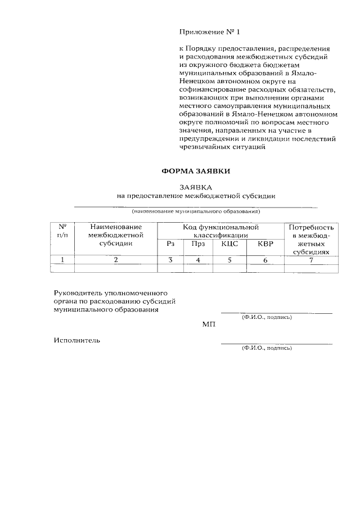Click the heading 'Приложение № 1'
tap(205, 32)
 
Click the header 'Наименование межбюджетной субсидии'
tap(116, 235)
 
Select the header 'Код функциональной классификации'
tap(220, 231)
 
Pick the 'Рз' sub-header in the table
tap(171, 244)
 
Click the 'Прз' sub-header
tap(197, 244)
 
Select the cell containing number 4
tap(197, 260)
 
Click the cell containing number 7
tap(311, 259)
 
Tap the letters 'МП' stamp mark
tap(209, 324)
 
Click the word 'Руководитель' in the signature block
tap(78, 294)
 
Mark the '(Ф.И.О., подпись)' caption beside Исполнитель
tap(267, 348)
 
